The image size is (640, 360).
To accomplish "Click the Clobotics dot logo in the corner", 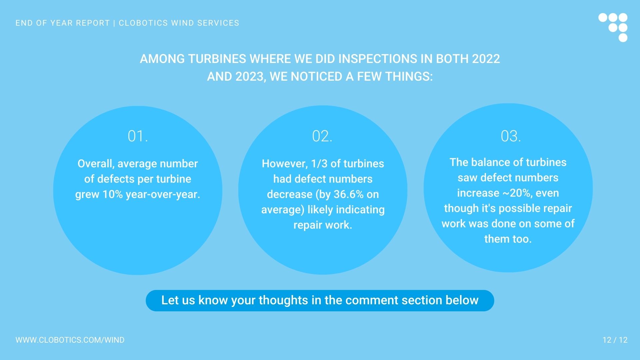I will (613, 27).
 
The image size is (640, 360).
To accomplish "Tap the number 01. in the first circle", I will (138, 136).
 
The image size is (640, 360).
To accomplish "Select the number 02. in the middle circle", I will (322, 136).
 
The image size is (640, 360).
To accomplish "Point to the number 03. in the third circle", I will (511, 136).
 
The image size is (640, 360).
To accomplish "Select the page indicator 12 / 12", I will (615, 340).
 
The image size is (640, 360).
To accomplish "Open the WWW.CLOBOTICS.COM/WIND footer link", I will (70, 340).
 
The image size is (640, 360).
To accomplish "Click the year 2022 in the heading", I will (486, 59).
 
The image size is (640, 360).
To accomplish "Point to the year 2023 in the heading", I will (250, 77).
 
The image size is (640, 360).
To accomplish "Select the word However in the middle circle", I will (284, 164).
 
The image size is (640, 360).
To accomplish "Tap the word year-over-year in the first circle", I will (163, 194).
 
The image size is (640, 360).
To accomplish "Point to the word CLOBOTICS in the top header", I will (143, 23).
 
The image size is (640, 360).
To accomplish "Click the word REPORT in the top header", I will (93, 23).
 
